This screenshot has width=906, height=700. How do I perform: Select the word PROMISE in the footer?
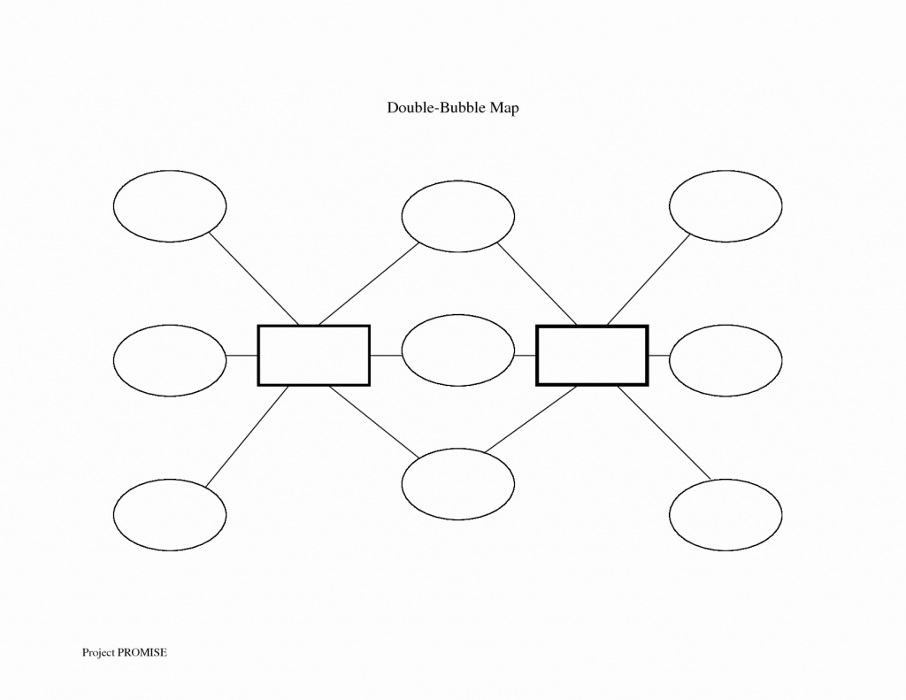(142, 652)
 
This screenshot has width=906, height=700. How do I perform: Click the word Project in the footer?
(98, 653)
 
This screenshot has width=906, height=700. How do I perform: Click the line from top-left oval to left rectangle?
(254, 279)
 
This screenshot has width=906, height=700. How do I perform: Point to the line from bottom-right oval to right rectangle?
(664, 433)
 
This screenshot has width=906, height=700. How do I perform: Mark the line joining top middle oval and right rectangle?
(537, 284)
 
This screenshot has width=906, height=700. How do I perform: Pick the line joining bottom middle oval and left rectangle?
(374, 421)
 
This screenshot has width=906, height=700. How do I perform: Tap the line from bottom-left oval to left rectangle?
(247, 436)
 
